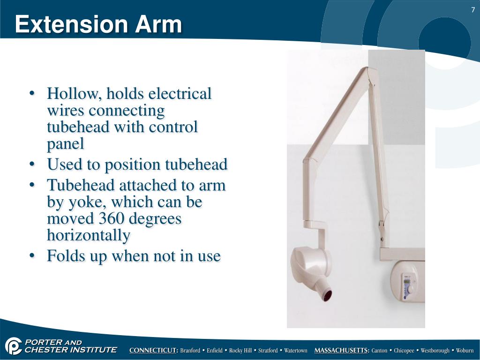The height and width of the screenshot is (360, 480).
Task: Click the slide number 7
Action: pyautogui.click(x=473, y=10)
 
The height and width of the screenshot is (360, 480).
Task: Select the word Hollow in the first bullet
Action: pyautogui.click(x=74, y=94)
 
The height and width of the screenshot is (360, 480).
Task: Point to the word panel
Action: pyautogui.click(x=66, y=144)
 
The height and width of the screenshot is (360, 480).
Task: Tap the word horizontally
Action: pyautogui.click(x=88, y=235)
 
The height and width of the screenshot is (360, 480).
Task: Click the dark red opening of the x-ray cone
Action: pyautogui.click(x=326, y=295)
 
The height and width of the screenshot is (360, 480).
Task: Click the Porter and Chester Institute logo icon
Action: pyautogui.click(x=14, y=346)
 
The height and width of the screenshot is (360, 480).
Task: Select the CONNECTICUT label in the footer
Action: pyautogui.click(x=154, y=351)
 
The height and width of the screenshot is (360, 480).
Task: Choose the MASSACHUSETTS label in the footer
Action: pyautogui.click(x=342, y=351)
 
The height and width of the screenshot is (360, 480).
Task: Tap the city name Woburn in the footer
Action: pyautogui.click(x=465, y=351)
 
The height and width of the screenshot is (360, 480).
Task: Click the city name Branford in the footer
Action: pyautogui.click(x=192, y=351)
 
